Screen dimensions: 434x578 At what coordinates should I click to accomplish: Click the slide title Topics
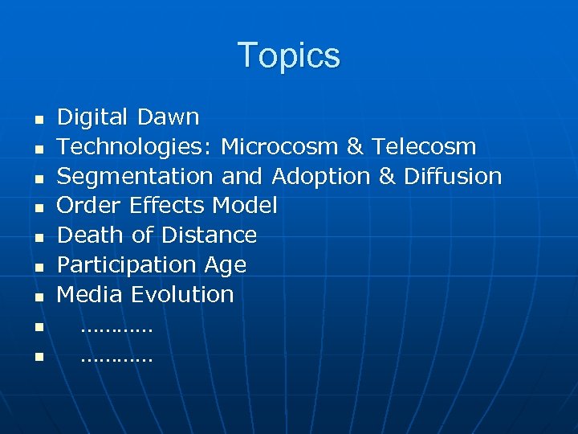pos(289,55)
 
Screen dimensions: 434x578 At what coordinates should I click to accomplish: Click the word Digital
pos(93,118)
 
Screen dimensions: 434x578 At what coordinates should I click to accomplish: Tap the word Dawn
pos(168,117)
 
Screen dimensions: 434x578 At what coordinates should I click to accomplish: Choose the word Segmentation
pos(135,177)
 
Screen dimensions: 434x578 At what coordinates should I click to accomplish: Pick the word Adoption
pos(321,177)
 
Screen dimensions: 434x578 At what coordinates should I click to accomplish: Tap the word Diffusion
pos(453,176)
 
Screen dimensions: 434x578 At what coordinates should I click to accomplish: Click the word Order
pos(90,206)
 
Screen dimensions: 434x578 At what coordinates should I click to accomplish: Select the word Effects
pos(169,206)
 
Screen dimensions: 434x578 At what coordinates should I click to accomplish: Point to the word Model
pos(245,206)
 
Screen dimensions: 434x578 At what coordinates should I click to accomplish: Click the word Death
pos(89,235)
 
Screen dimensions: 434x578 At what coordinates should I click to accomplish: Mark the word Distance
pos(209,235)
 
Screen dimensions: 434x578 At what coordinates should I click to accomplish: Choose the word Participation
pos(127,265)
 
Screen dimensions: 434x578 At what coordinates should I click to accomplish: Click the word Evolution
pos(182,294)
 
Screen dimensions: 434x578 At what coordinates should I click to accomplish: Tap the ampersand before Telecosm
pos(354,147)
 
